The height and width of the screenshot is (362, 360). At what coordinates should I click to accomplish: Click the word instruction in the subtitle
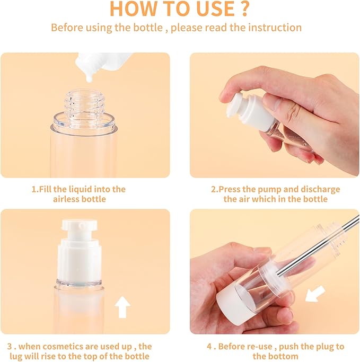272,27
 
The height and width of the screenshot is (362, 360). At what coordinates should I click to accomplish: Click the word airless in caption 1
66,199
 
